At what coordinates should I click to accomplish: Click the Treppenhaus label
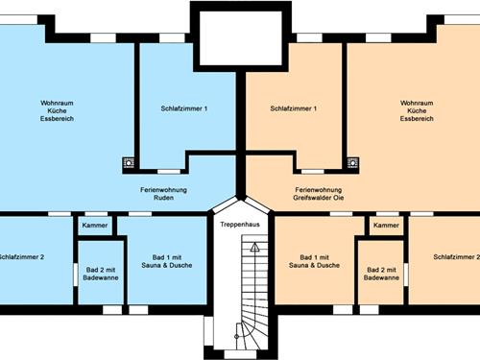(x=239, y=224)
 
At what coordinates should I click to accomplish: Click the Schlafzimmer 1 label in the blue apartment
(x=184, y=108)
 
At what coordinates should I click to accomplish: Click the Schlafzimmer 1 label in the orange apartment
(x=294, y=108)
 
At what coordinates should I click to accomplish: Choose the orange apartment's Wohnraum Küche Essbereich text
(x=418, y=110)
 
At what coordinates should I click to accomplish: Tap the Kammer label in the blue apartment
(x=95, y=226)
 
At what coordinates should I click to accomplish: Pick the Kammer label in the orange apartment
(x=386, y=226)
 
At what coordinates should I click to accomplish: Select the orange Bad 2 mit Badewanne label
(x=382, y=273)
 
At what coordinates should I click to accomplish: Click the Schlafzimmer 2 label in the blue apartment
(x=22, y=257)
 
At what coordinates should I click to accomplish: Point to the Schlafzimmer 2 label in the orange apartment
(x=456, y=257)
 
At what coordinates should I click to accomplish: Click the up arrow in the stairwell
(x=254, y=246)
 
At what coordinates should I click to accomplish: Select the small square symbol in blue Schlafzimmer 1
(x=129, y=163)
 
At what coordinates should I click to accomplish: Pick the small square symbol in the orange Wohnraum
(x=352, y=163)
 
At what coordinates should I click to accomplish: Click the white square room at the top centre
(x=240, y=36)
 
